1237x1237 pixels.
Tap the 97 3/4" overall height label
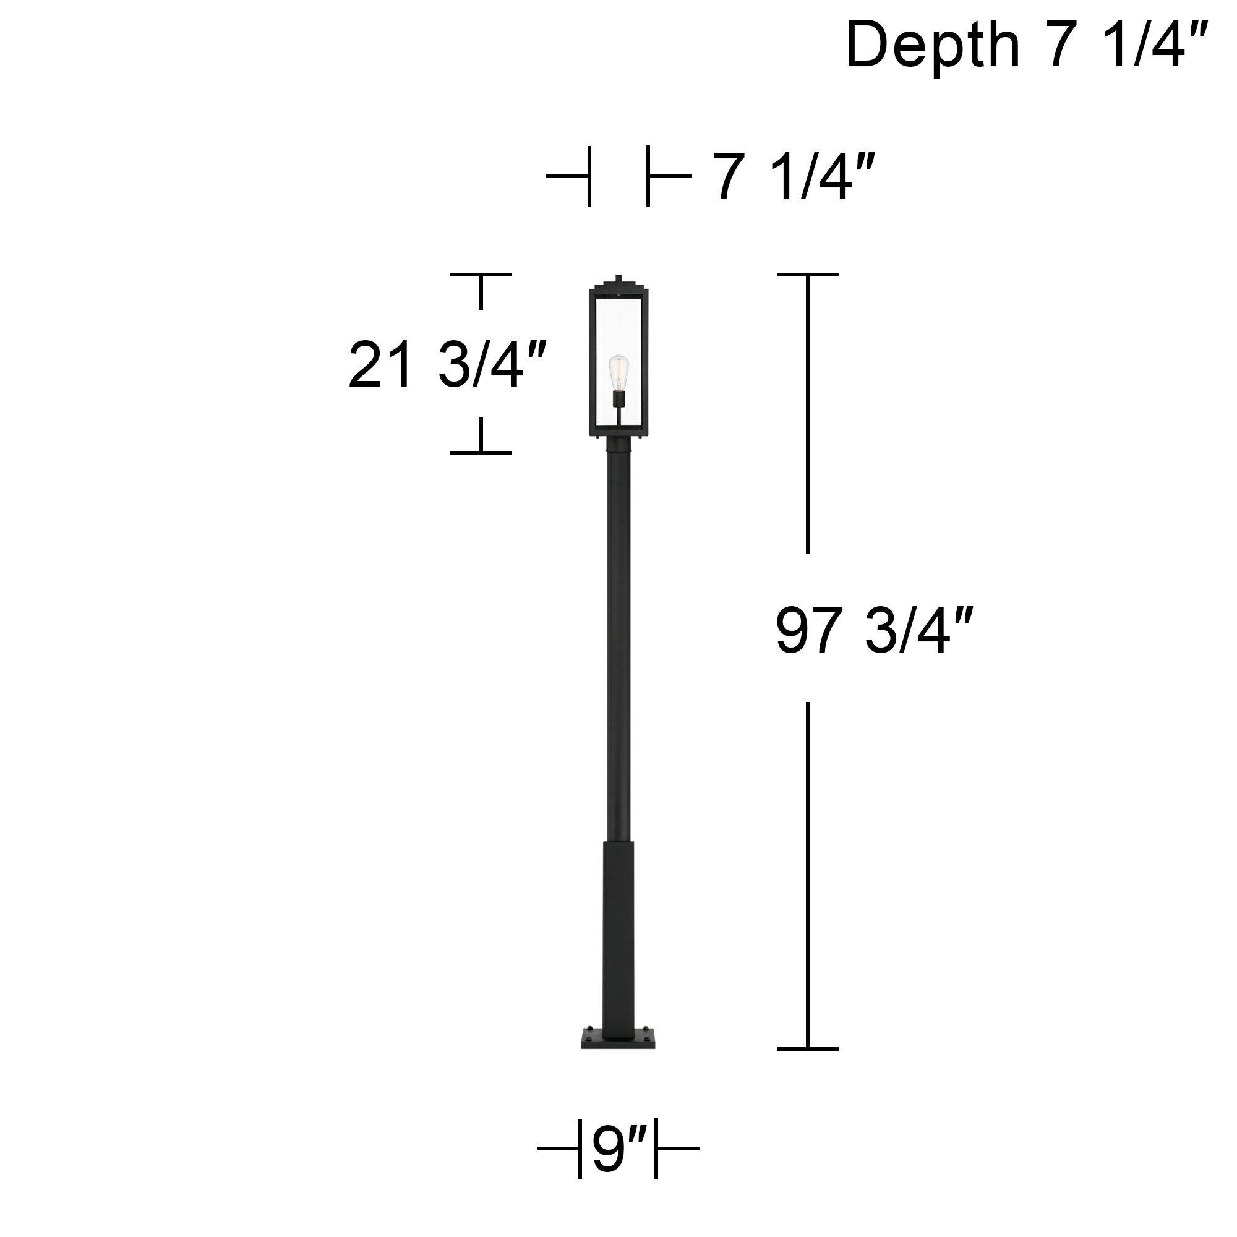874,631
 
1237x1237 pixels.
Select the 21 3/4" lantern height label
447,366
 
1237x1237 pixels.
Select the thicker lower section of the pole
618,941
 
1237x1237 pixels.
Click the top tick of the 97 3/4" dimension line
807,275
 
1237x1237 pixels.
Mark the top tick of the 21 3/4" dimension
481,275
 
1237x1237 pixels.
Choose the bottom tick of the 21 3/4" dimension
481,452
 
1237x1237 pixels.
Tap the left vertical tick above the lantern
589,176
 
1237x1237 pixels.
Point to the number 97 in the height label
808,631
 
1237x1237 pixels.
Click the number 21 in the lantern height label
379,366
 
